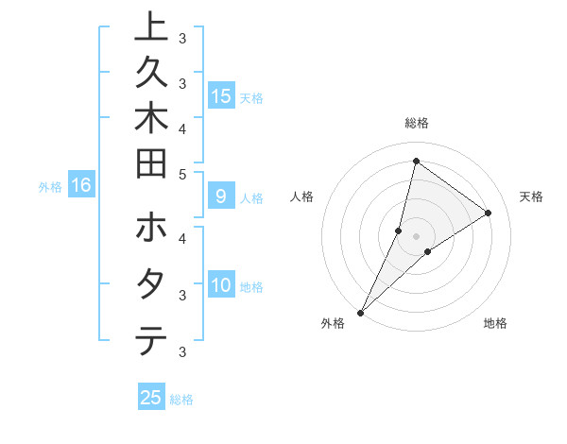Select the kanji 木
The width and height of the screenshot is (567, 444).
click(x=150, y=119)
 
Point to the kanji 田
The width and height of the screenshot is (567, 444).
click(x=150, y=164)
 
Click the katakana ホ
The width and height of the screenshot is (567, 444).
click(x=150, y=229)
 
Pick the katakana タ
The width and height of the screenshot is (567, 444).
click(x=150, y=284)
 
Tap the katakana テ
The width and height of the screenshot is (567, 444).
click(x=150, y=340)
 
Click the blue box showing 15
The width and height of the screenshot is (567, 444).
click(x=221, y=96)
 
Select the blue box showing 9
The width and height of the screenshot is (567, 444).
click(x=221, y=197)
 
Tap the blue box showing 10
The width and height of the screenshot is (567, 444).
click(x=221, y=285)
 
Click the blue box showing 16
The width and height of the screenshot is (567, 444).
click(x=80, y=186)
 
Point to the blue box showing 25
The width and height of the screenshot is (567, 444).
click(x=150, y=398)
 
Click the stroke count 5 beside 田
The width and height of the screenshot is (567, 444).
click(x=183, y=174)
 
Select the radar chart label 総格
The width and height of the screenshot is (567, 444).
click(x=416, y=123)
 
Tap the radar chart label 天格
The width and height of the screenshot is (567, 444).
click(x=531, y=196)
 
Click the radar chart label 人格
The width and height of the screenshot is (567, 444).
click(x=301, y=196)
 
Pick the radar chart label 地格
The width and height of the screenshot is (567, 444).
click(x=495, y=324)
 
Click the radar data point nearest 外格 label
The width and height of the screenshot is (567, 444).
click(x=361, y=312)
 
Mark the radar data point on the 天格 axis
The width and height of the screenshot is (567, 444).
click(x=489, y=213)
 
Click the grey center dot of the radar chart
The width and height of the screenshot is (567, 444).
click(x=416, y=236)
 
